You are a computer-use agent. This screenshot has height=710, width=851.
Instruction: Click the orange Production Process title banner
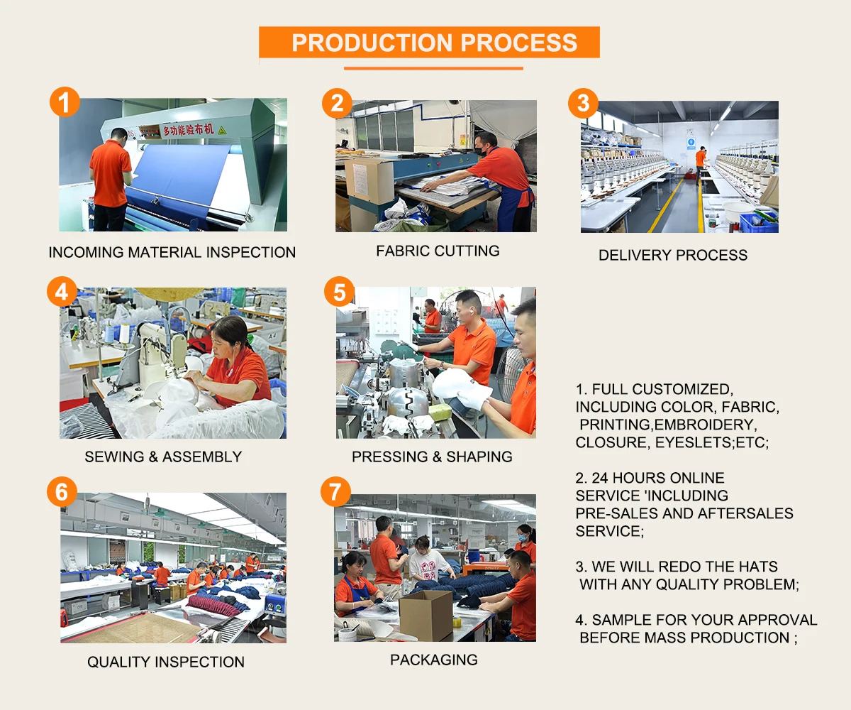pyautogui.click(x=429, y=42)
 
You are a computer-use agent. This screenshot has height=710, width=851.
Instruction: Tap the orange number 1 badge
pyautogui.click(x=65, y=102)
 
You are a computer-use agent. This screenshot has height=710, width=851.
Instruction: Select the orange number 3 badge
pyautogui.click(x=583, y=103)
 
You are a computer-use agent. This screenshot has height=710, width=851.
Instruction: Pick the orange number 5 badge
pyautogui.click(x=339, y=292)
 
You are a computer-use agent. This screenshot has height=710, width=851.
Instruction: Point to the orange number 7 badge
pyautogui.click(x=335, y=492)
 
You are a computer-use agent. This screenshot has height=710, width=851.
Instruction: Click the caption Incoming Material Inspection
pyautogui.click(x=172, y=252)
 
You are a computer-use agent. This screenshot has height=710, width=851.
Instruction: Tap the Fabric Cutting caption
pyautogui.click(x=438, y=251)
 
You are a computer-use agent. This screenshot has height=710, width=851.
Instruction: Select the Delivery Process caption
pyautogui.click(x=673, y=255)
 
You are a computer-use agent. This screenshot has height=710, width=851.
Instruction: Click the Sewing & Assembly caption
pyautogui.click(x=163, y=457)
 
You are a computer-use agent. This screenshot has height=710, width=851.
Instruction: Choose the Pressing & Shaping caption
pyautogui.click(x=432, y=457)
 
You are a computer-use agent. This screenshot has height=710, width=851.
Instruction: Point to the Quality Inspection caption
pyautogui.click(x=166, y=662)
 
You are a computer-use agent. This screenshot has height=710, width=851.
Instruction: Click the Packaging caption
pyautogui.click(x=433, y=660)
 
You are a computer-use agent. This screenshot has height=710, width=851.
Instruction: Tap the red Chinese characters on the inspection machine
pyautogui.click(x=189, y=130)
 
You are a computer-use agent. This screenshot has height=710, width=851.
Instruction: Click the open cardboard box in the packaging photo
pyautogui.click(x=426, y=615)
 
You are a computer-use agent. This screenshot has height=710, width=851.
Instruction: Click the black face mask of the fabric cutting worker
pyautogui.click(x=479, y=151)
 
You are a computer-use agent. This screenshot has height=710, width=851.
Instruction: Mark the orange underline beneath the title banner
pyautogui.click(x=433, y=69)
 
